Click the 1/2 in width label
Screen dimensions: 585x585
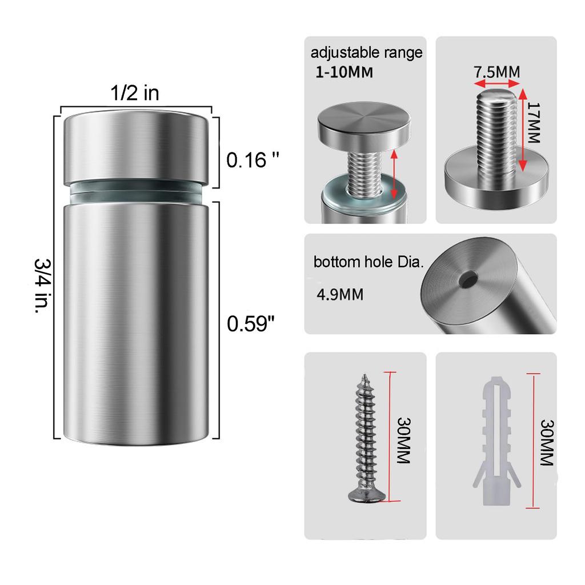(135, 93)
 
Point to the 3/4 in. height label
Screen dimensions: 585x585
(43, 288)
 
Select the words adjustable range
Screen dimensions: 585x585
(366, 53)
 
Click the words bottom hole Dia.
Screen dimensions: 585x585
(368, 263)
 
